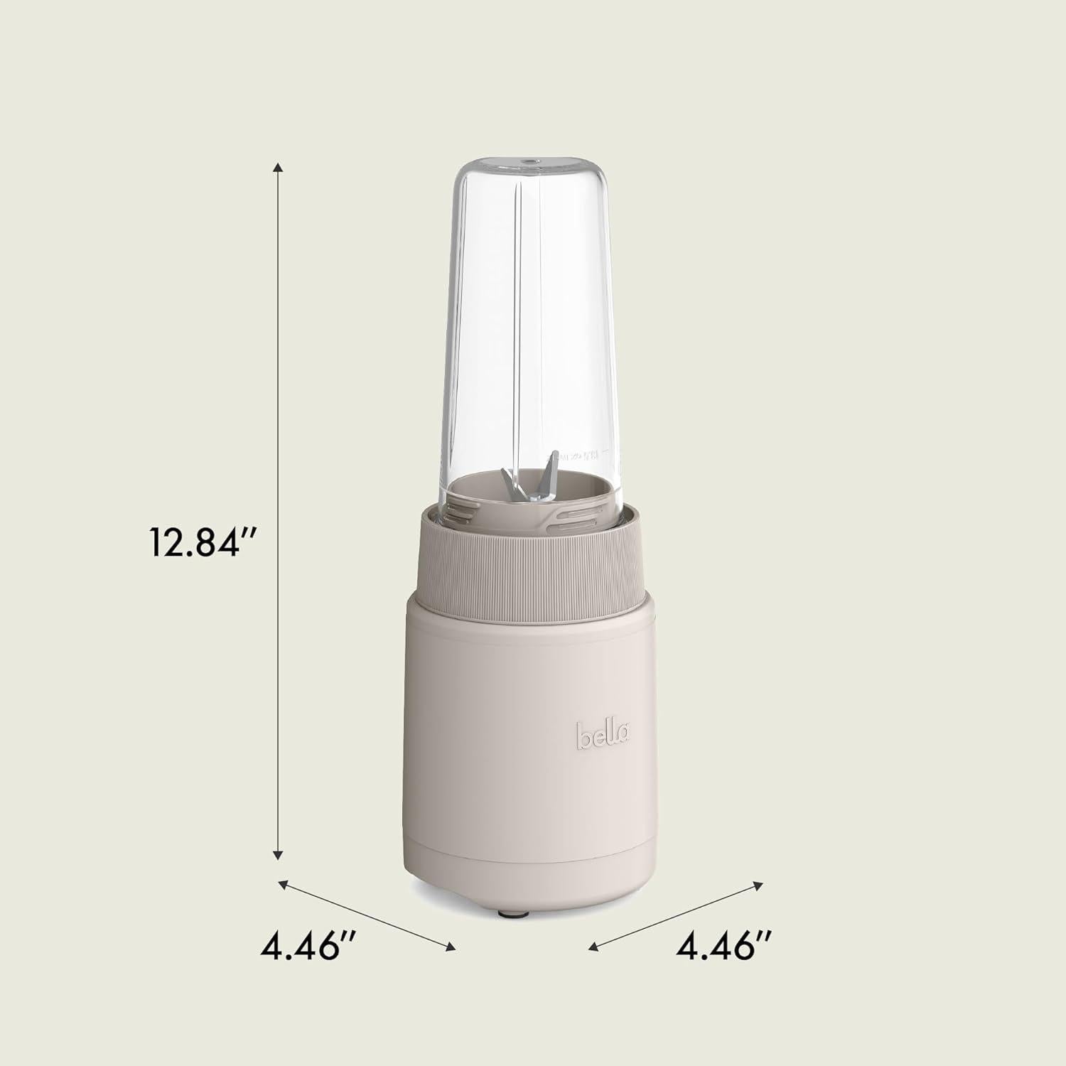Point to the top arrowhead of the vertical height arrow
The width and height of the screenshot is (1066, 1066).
(279, 167)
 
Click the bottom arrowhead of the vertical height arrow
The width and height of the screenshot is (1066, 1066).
(279, 855)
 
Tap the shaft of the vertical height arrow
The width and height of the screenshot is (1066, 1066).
(279, 355)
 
